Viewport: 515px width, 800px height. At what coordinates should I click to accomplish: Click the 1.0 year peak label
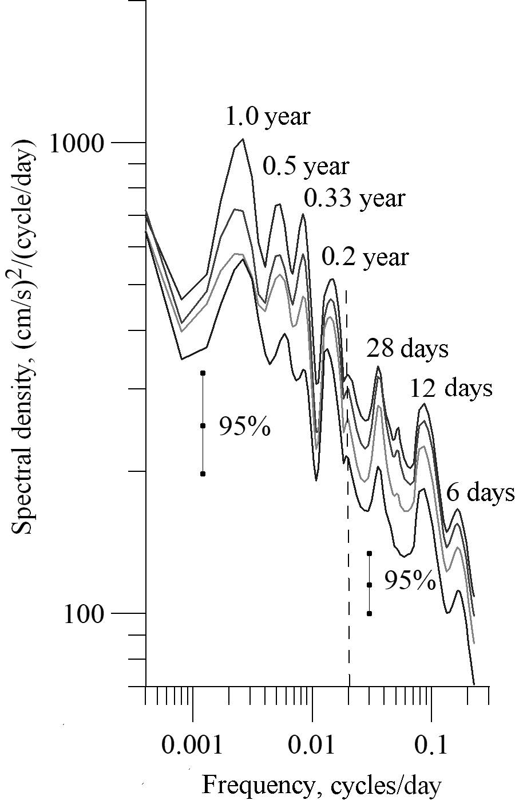click(x=267, y=116)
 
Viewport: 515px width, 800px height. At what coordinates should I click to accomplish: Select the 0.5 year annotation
click(x=306, y=166)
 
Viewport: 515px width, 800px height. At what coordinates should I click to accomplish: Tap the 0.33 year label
click(x=354, y=198)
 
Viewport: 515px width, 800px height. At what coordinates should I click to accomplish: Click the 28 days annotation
click(x=407, y=348)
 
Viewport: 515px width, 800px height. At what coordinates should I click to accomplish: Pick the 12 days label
click(x=451, y=388)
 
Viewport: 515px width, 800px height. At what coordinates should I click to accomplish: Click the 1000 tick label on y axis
click(x=77, y=143)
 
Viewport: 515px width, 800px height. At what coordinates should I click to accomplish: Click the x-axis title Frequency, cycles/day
click(x=322, y=785)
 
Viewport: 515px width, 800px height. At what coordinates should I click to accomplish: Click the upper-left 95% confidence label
click(x=245, y=426)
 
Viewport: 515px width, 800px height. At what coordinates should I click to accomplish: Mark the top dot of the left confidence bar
click(x=203, y=373)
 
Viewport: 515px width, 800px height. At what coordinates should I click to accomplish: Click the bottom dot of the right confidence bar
click(x=370, y=613)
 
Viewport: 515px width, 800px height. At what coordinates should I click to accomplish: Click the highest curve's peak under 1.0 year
click(x=243, y=139)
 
